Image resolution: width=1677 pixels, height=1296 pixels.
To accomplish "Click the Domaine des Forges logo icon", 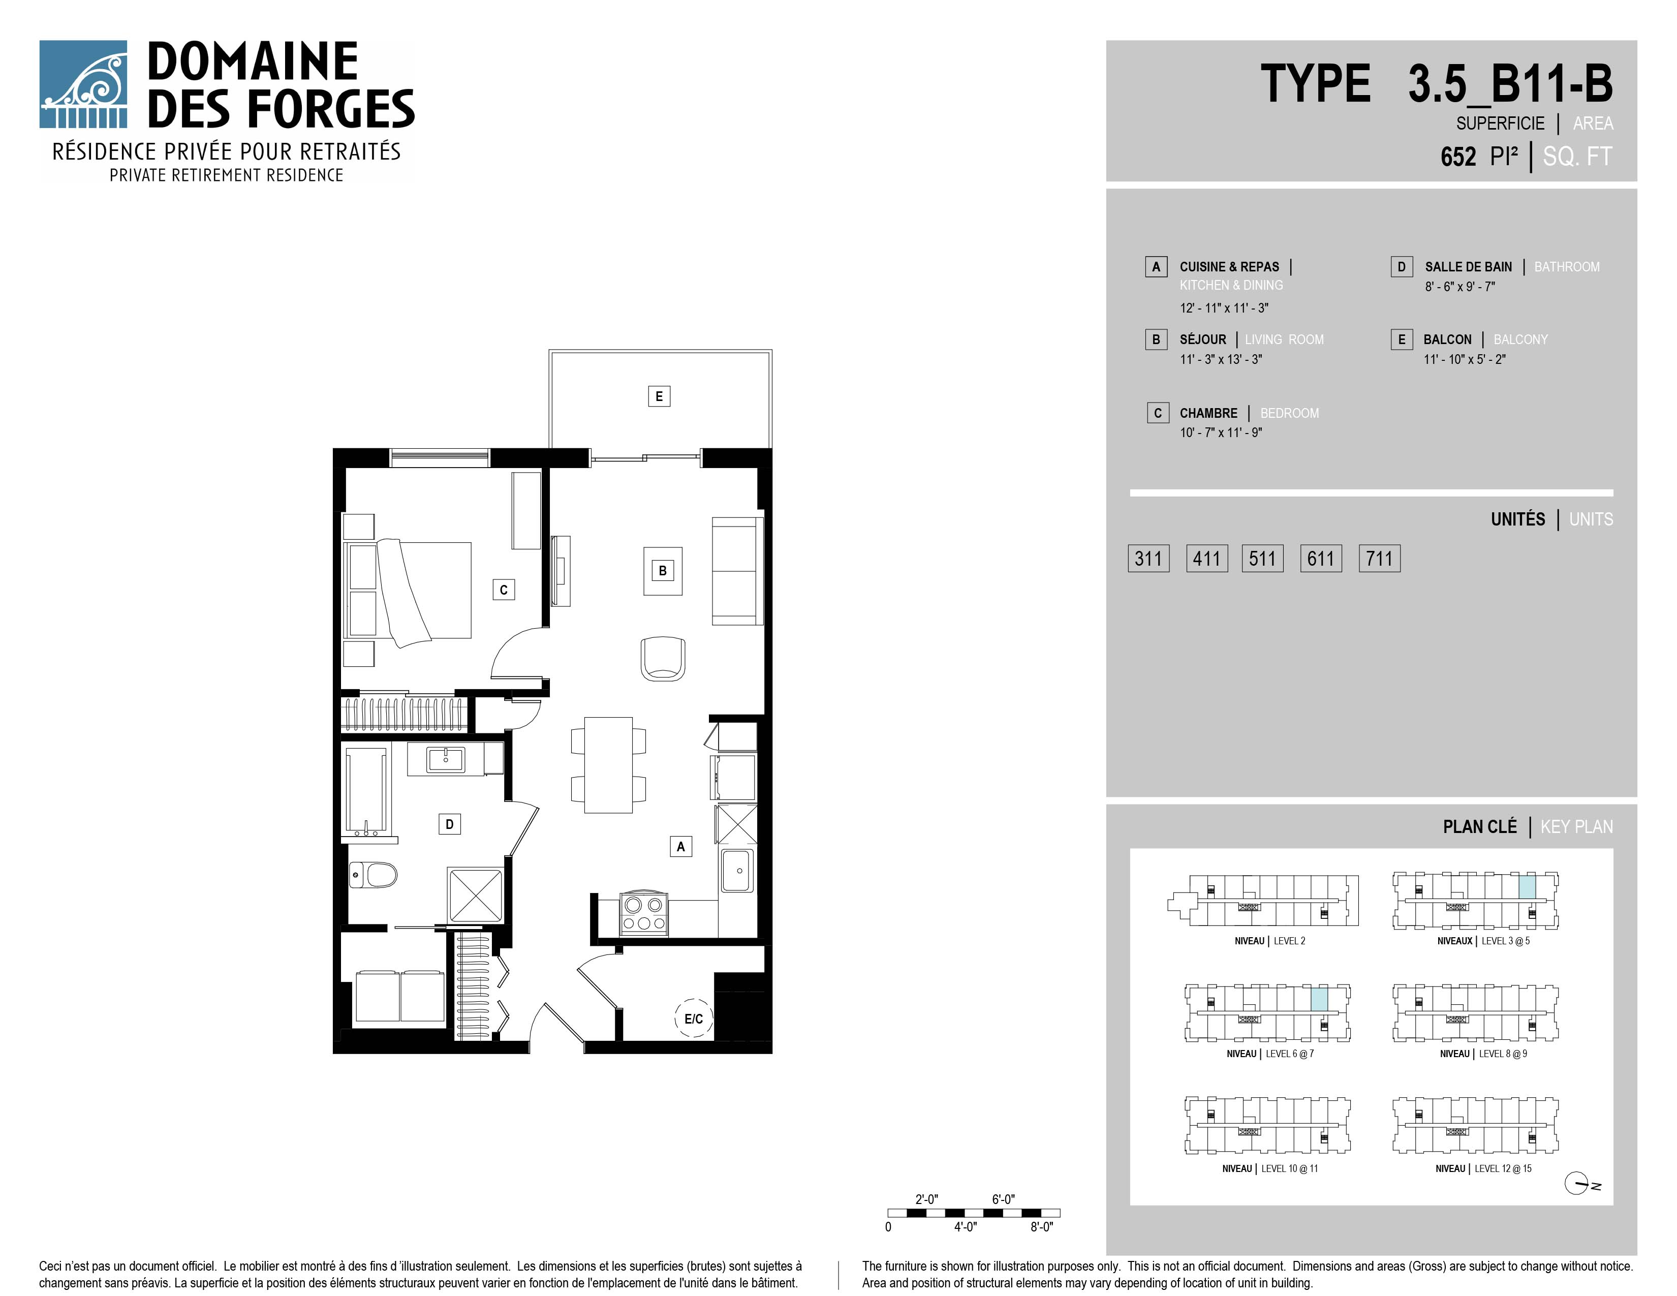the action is click(83, 84).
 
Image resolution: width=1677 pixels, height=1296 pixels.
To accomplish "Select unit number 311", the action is click(1148, 558).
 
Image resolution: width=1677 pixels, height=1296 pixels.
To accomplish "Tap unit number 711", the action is click(1379, 558).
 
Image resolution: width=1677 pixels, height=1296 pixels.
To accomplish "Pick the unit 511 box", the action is click(1262, 558).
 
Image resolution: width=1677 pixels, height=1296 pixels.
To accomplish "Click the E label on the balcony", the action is click(659, 396).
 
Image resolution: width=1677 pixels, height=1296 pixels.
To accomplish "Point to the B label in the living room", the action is click(663, 570).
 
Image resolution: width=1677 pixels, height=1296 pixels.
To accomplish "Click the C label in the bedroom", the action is click(504, 590).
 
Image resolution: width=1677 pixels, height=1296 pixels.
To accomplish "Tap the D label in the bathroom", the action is click(449, 824).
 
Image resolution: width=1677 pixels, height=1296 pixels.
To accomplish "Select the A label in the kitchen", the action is click(680, 847).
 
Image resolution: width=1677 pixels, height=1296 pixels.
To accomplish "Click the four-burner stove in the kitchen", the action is click(643, 914).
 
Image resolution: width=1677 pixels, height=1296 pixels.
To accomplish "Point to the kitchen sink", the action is click(737, 871).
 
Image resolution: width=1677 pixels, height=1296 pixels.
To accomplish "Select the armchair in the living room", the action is click(663, 658).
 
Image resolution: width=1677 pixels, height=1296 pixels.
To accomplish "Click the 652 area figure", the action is click(1458, 157).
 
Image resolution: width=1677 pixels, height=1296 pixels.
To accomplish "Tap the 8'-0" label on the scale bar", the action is click(1041, 1227).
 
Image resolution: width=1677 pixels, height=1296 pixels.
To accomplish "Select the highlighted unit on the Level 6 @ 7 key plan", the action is click(1318, 999).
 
